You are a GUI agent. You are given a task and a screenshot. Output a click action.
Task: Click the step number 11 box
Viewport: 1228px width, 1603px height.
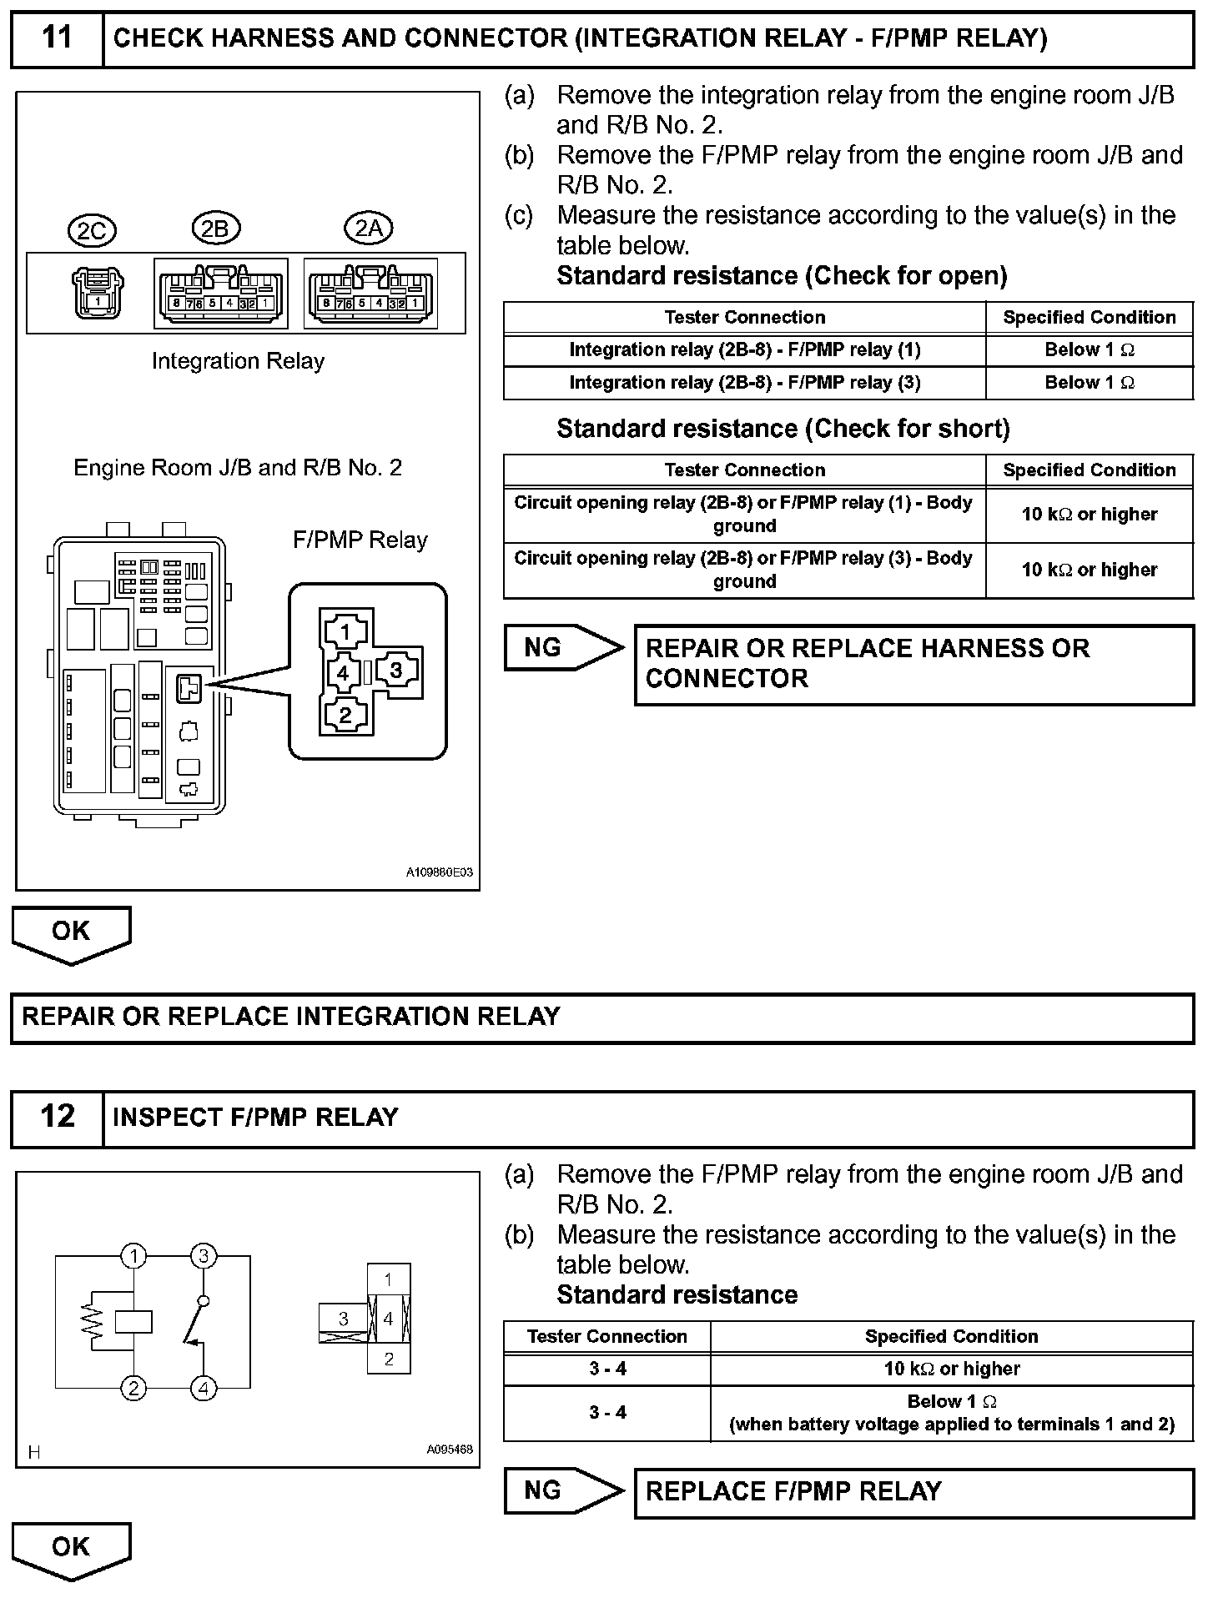pos(57,38)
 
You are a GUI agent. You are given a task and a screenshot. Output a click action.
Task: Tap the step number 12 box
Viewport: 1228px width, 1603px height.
pos(57,1117)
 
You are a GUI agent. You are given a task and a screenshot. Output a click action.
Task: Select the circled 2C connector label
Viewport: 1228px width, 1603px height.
pos(92,230)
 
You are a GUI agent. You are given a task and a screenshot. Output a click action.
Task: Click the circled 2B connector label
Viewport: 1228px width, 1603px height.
pos(216,228)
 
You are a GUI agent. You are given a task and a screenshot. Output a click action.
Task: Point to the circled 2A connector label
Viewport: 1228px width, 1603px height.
pos(369,228)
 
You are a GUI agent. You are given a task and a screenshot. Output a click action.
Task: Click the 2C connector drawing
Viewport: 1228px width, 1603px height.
pos(98,293)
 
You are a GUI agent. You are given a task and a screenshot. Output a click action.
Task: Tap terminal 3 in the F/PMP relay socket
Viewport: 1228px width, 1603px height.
pos(396,671)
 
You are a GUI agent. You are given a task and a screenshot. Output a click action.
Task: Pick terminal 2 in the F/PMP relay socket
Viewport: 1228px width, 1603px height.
pos(345,715)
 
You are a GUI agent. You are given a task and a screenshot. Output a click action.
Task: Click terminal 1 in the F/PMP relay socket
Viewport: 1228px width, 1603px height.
pos(345,631)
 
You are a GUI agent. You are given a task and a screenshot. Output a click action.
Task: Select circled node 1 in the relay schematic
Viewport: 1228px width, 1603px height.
pos(133,1256)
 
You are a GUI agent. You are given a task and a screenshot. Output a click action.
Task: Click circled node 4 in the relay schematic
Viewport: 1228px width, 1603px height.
pos(204,1388)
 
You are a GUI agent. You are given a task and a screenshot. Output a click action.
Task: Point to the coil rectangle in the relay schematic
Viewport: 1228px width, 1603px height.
pos(133,1321)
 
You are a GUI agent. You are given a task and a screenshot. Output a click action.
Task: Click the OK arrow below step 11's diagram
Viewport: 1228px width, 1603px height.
pos(71,933)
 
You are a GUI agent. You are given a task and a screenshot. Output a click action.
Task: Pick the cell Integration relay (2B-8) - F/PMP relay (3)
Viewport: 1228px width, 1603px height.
pos(744,383)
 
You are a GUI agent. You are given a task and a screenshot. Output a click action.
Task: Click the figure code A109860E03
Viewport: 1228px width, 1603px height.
pos(440,872)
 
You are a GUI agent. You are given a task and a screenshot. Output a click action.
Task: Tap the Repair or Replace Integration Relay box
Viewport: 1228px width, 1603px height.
pos(601,1018)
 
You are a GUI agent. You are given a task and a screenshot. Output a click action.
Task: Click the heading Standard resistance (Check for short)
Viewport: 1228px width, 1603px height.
pos(783,429)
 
